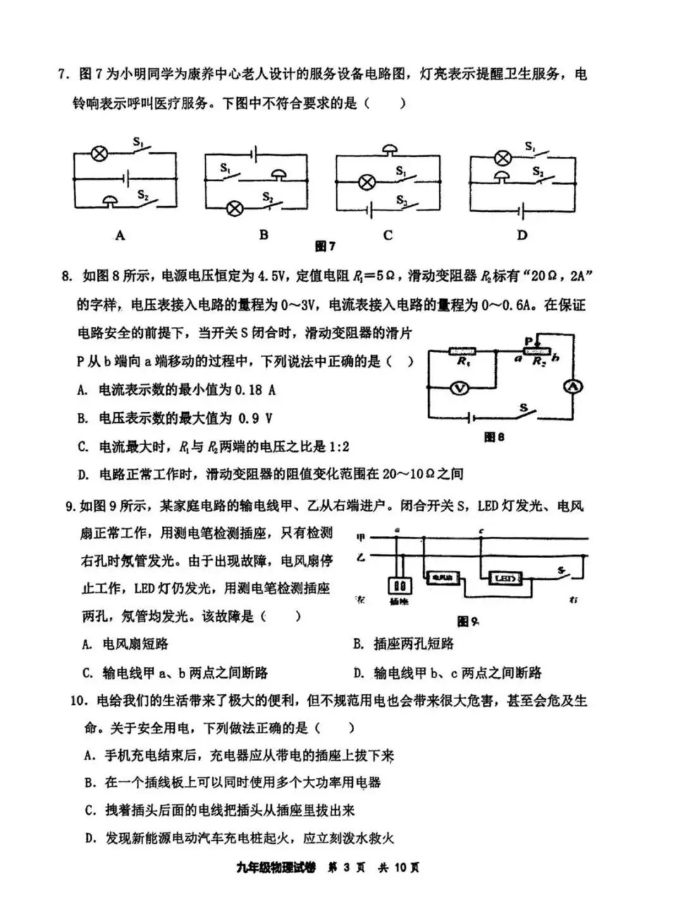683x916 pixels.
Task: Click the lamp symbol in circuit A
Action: coord(98,153)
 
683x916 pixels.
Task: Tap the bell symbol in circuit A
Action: coord(111,201)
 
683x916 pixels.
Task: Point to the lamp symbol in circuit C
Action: coord(366,183)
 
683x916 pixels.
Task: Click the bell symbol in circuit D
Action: coord(502,176)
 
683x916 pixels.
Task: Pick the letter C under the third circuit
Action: coord(388,235)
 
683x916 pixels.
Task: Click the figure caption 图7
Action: coord(325,247)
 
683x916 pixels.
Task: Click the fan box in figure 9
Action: coord(443,578)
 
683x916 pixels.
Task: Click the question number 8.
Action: coord(66,276)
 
